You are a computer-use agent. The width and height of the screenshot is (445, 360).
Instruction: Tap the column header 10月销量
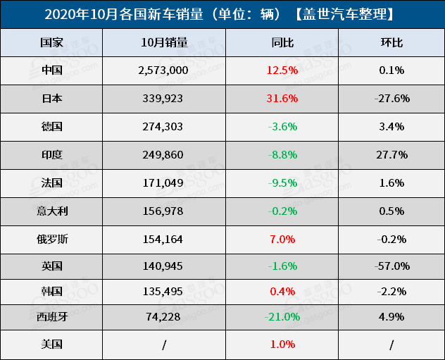click(164, 43)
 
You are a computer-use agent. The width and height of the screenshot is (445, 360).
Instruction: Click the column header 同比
click(282, 43)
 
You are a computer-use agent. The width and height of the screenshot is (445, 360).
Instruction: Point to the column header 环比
click(391, 43)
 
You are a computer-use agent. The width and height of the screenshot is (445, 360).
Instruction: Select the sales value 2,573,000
click(163, 70)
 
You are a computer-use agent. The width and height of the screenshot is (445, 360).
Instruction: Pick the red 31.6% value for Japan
click(282, 99)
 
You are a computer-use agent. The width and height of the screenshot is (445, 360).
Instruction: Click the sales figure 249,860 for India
click(163, 154)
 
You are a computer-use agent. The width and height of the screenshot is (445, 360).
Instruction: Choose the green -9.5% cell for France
click(282, 182)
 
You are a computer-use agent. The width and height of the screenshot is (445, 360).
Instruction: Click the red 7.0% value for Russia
click(282, 239)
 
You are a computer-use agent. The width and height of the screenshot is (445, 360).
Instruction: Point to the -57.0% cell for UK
click(392, 266)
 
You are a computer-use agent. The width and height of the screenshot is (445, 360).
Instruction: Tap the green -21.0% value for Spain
click(282, 317)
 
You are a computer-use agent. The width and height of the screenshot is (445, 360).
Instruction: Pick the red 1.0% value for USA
click(282, 345)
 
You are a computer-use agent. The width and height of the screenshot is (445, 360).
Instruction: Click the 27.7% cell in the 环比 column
click(391, 154)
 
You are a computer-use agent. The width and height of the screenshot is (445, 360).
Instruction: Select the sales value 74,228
click(163, 317)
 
